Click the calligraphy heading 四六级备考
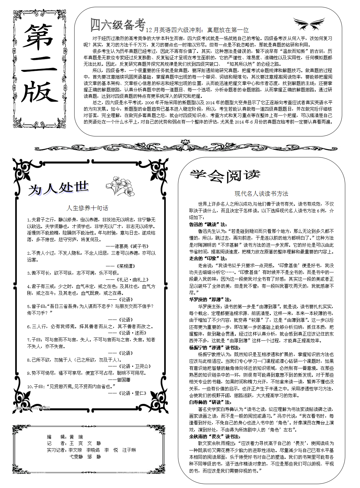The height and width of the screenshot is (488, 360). [118, 24]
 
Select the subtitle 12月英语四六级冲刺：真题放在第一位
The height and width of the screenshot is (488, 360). [197, 30]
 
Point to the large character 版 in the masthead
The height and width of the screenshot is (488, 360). [40, 92]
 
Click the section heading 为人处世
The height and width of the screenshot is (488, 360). [58, 188]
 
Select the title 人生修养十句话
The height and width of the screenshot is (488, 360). [87, 208]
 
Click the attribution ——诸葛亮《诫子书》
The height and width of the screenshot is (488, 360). [127, 246]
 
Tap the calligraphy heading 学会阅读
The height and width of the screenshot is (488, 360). [225, 175]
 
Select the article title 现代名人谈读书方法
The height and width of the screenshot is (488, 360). [261, 194]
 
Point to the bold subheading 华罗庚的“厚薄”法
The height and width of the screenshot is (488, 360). [210, 299]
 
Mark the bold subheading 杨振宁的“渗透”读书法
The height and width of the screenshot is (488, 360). [215, 347]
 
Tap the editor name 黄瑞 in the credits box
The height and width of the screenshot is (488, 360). [76, 437]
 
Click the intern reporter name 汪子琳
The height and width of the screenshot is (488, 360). [129, 450]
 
